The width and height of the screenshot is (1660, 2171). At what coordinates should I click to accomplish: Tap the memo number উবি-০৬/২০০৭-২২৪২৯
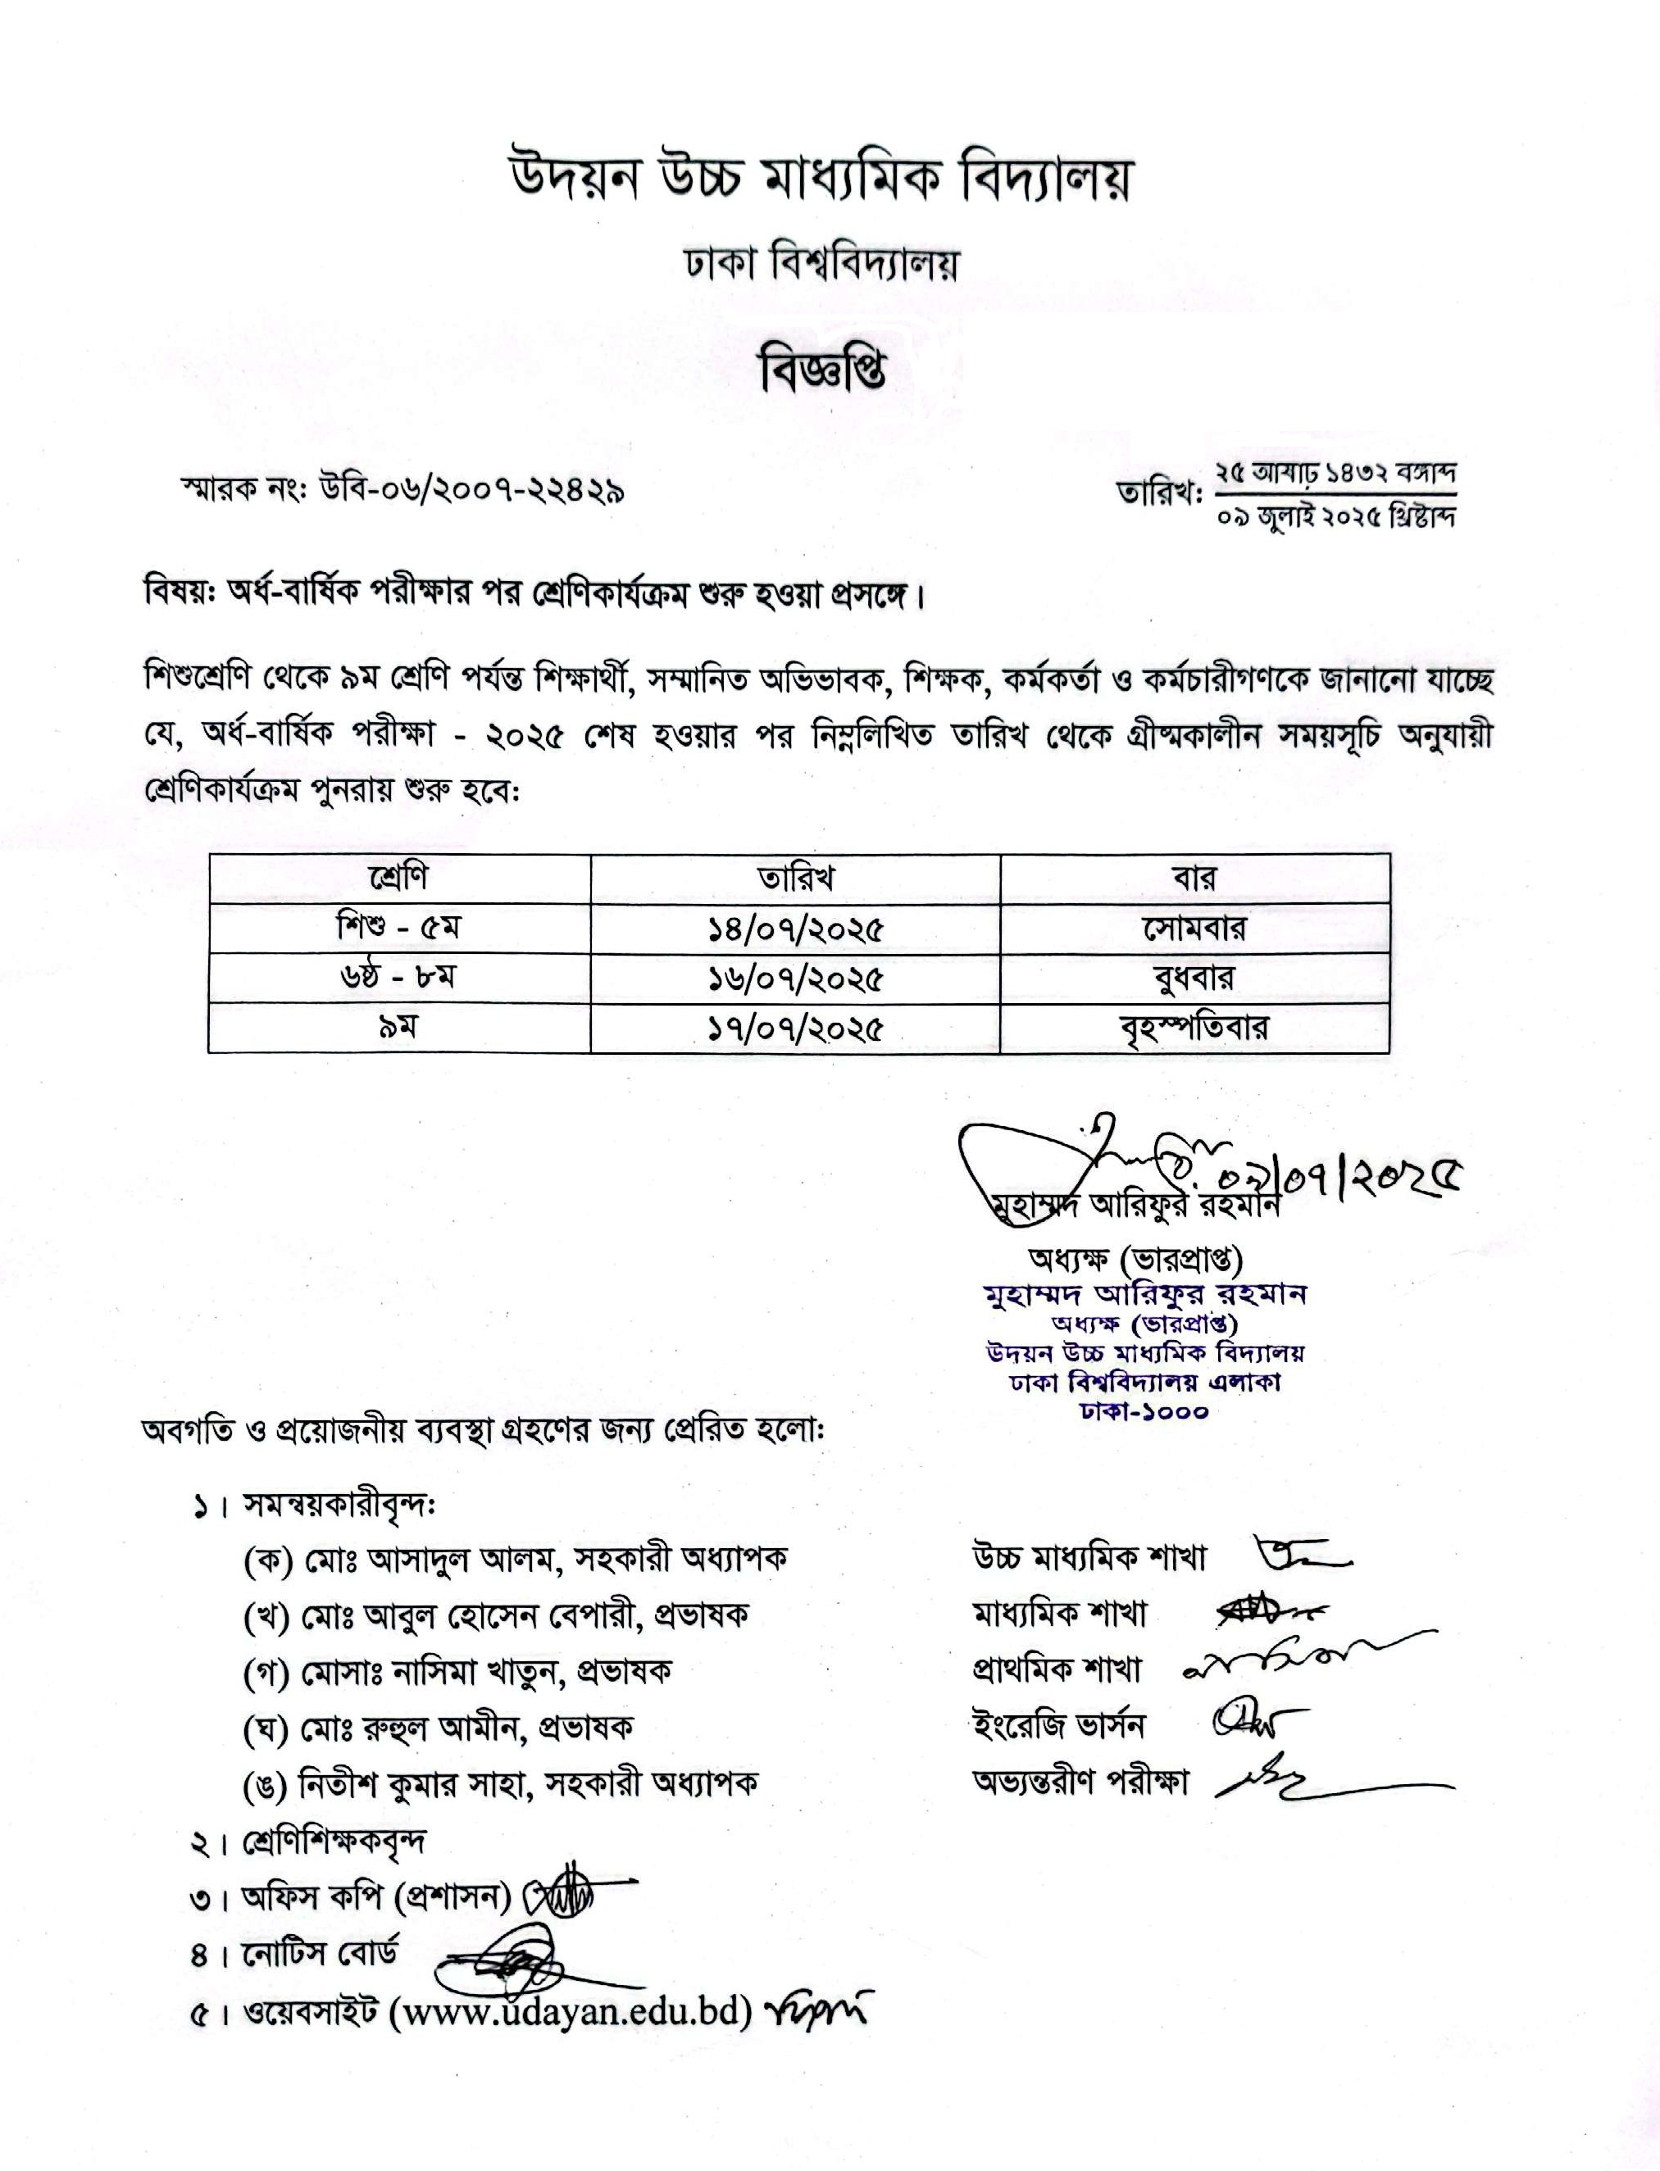[x=471, y=490]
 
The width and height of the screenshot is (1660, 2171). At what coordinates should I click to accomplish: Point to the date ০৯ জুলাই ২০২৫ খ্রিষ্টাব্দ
[x=1337, y=516]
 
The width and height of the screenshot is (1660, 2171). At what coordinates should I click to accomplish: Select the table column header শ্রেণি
[x=399, y=877]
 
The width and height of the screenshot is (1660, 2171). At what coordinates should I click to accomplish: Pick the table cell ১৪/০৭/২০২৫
[x=794, y=929]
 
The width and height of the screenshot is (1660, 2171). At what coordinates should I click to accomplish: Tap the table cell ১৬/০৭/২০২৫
[x=794, y=979]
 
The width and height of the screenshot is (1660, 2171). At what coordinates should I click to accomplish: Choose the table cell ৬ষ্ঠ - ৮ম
[x=399, y=978]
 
